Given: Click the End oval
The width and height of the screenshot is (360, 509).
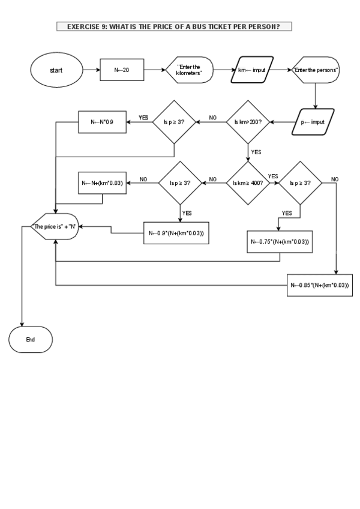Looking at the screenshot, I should click(x=31, y=340).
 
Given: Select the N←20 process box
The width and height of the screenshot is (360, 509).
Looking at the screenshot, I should click(x=122, y=70).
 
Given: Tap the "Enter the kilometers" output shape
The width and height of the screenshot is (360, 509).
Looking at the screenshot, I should click(x=190, y=70).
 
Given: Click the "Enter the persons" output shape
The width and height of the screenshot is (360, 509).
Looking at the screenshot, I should click(x=316, y=70).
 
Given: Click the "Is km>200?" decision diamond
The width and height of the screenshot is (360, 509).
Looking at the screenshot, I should click(x=247, y=122).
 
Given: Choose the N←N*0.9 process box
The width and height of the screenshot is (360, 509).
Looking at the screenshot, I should click(x=103, y=122).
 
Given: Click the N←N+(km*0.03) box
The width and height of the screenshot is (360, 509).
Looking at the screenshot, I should click(x=103, y=183).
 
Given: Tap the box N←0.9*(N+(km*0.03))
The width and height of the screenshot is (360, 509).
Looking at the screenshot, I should click(x=175, y=233).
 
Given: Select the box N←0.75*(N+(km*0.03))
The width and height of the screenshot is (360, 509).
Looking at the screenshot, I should click(x=280, y=242).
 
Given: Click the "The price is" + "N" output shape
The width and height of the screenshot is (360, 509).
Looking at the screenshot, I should click(x=55, y=226).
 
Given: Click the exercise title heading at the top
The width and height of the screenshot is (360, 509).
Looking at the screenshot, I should click(x=173, y=26).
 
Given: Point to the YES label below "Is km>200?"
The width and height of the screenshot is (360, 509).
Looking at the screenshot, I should click(x=256, y=152).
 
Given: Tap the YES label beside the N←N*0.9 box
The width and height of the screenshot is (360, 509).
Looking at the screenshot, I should click(x=143, y=118).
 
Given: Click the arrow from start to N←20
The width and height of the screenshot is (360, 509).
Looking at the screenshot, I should click(x=91, y=70).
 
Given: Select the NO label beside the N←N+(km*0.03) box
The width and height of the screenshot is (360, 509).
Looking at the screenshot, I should click(x=143, y=179).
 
